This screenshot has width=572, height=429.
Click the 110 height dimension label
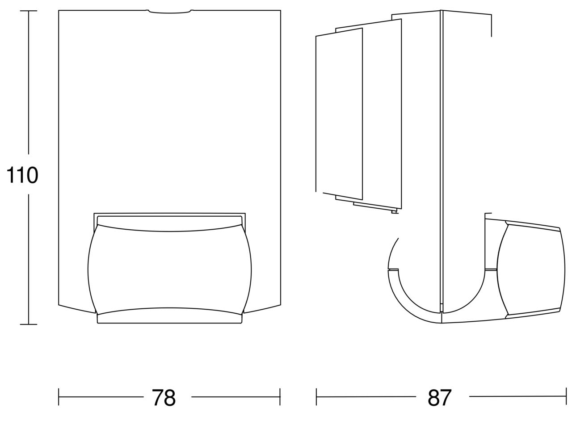[x=22, y=175]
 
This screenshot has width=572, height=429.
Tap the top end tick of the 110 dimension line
[x=29, y=11]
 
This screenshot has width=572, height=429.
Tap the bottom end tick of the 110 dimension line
[x=29, y=324]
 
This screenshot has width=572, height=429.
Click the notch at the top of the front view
[x=170, y=12]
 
